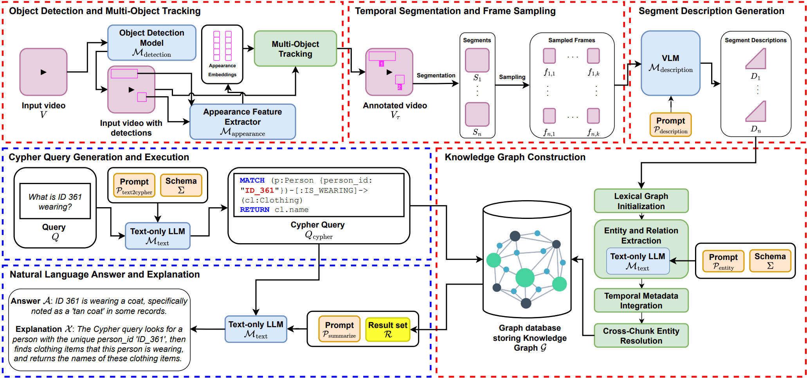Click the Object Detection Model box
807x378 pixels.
[151, 43]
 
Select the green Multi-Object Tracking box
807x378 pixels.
[295, 49]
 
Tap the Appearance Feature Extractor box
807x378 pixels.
[242, 122]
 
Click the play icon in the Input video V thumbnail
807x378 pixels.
[43, 72]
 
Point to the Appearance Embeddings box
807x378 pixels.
[222, 54]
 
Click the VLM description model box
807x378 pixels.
[670, 63]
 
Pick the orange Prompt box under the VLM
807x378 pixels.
[670, 125]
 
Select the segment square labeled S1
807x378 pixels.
[477, 60]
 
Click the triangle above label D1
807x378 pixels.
[757, 59]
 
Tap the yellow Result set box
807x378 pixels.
[387, 330]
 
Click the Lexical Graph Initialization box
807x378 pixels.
[641, 201]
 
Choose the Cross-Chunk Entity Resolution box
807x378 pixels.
[641, 335]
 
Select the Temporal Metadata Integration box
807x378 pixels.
[641, 300]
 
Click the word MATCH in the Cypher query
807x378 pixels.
[252, 180]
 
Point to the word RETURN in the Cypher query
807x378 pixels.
[254, 210]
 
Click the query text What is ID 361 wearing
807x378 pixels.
[55, 202]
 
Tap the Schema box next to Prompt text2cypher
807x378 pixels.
[181, 185]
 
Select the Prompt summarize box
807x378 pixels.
[339, 330]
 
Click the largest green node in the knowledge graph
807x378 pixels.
[525, 278]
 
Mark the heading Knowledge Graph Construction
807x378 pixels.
[515, 157]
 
